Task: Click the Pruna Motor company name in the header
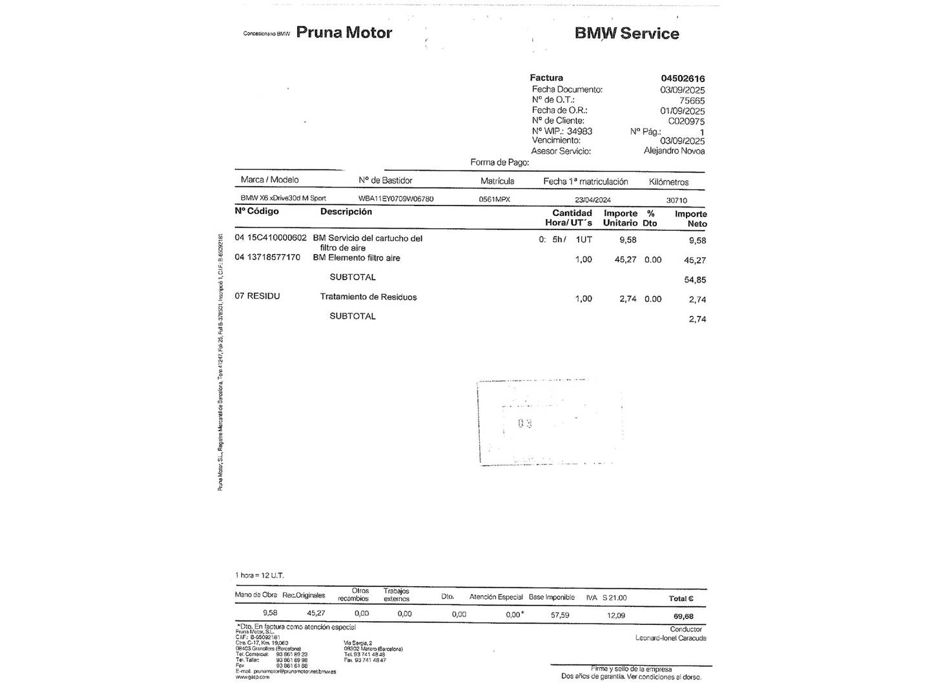point(344,32)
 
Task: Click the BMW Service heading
point(626,34)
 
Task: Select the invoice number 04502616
point(683,79)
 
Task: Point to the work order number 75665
point(692,101)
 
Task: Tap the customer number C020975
point(686,121)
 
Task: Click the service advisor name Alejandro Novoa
point(674,151)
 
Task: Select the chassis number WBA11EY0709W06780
point(396,199)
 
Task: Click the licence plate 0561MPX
point(494,200)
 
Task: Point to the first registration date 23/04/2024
point(592,200)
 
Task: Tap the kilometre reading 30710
point(677,201)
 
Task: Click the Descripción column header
point(346,212)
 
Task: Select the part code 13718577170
point(274,257)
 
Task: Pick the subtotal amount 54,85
point(695,280)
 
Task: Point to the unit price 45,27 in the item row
point(625,260)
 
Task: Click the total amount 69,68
point(683,617)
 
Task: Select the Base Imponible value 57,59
point(560,615)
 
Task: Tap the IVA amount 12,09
point(616,615)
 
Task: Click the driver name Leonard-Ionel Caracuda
point(670,638)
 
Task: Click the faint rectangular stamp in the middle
point(550,423)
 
